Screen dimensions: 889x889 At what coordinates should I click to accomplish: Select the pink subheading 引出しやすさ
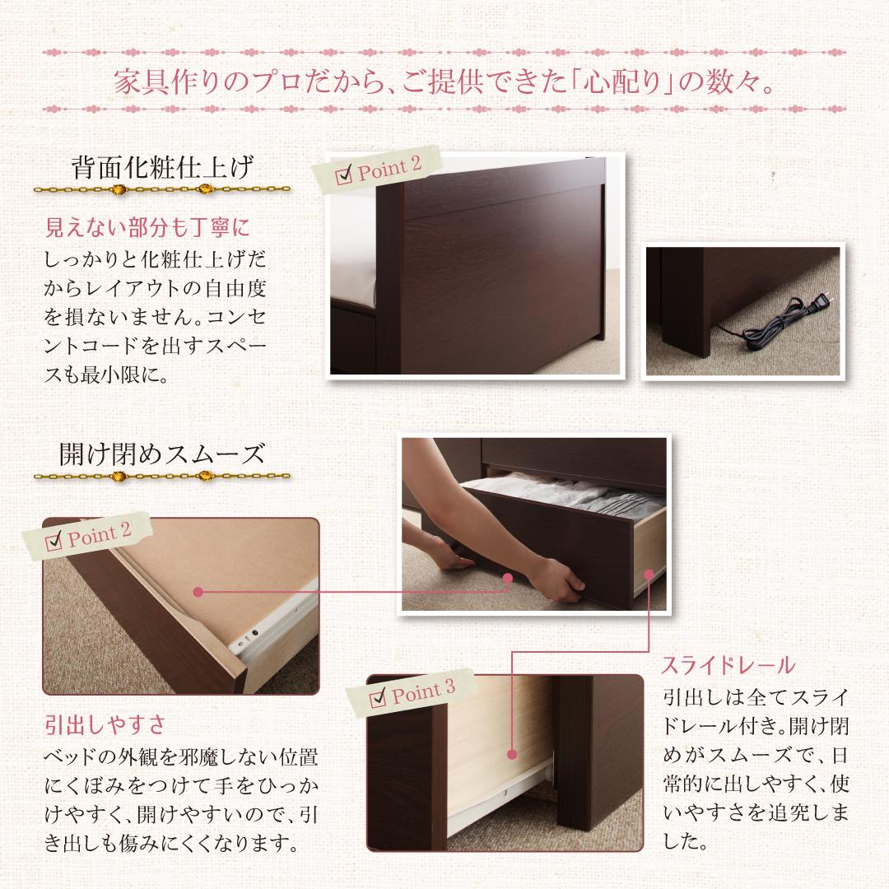[105, 725]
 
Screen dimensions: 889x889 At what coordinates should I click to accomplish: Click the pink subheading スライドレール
[728, 665]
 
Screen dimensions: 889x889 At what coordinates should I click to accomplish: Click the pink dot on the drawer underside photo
[198, 591]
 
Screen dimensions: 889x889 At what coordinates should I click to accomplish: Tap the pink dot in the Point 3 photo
[511, 753]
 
